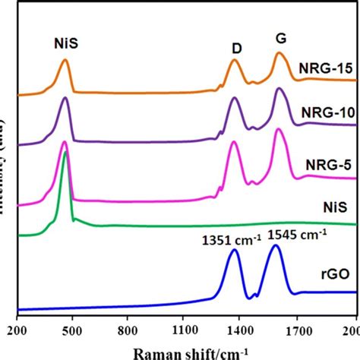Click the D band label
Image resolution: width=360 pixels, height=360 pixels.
(x=237, y=48)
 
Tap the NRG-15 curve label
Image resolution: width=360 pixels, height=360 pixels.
(x=326, y=70)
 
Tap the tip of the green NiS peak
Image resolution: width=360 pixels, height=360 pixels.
(x=65, y=153)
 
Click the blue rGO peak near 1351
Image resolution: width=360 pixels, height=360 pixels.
(x=234, y=251)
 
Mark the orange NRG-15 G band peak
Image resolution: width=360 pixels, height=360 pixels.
(x=279, y=53)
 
